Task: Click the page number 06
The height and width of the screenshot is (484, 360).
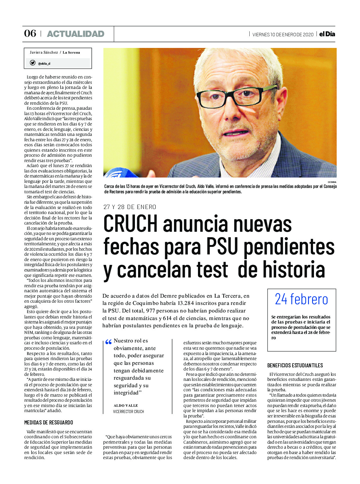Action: [30, 33]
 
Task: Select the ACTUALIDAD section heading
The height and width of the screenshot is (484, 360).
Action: [75, 34]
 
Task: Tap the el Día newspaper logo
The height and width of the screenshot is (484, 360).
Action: [327, 34]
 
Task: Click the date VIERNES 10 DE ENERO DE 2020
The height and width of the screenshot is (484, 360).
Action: [283, 35]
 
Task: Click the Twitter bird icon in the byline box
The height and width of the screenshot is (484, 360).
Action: [32, 63]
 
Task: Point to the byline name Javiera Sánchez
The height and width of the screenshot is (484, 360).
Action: [44, 52]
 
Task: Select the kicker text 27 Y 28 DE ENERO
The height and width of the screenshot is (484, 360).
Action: [130, 207]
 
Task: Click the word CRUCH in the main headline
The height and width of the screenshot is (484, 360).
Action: [131, 224]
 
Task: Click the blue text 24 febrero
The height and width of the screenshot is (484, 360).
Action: [301, 299]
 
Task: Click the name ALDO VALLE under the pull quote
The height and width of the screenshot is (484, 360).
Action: [126, 405]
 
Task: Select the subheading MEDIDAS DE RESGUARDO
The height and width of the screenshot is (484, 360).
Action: [49, 423]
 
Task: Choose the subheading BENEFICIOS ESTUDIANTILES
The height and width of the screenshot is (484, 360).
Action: [295, 365]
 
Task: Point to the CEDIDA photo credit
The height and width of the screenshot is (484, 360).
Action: [332, 182]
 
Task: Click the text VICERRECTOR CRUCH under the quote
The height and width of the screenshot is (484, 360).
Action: [129, 411]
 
